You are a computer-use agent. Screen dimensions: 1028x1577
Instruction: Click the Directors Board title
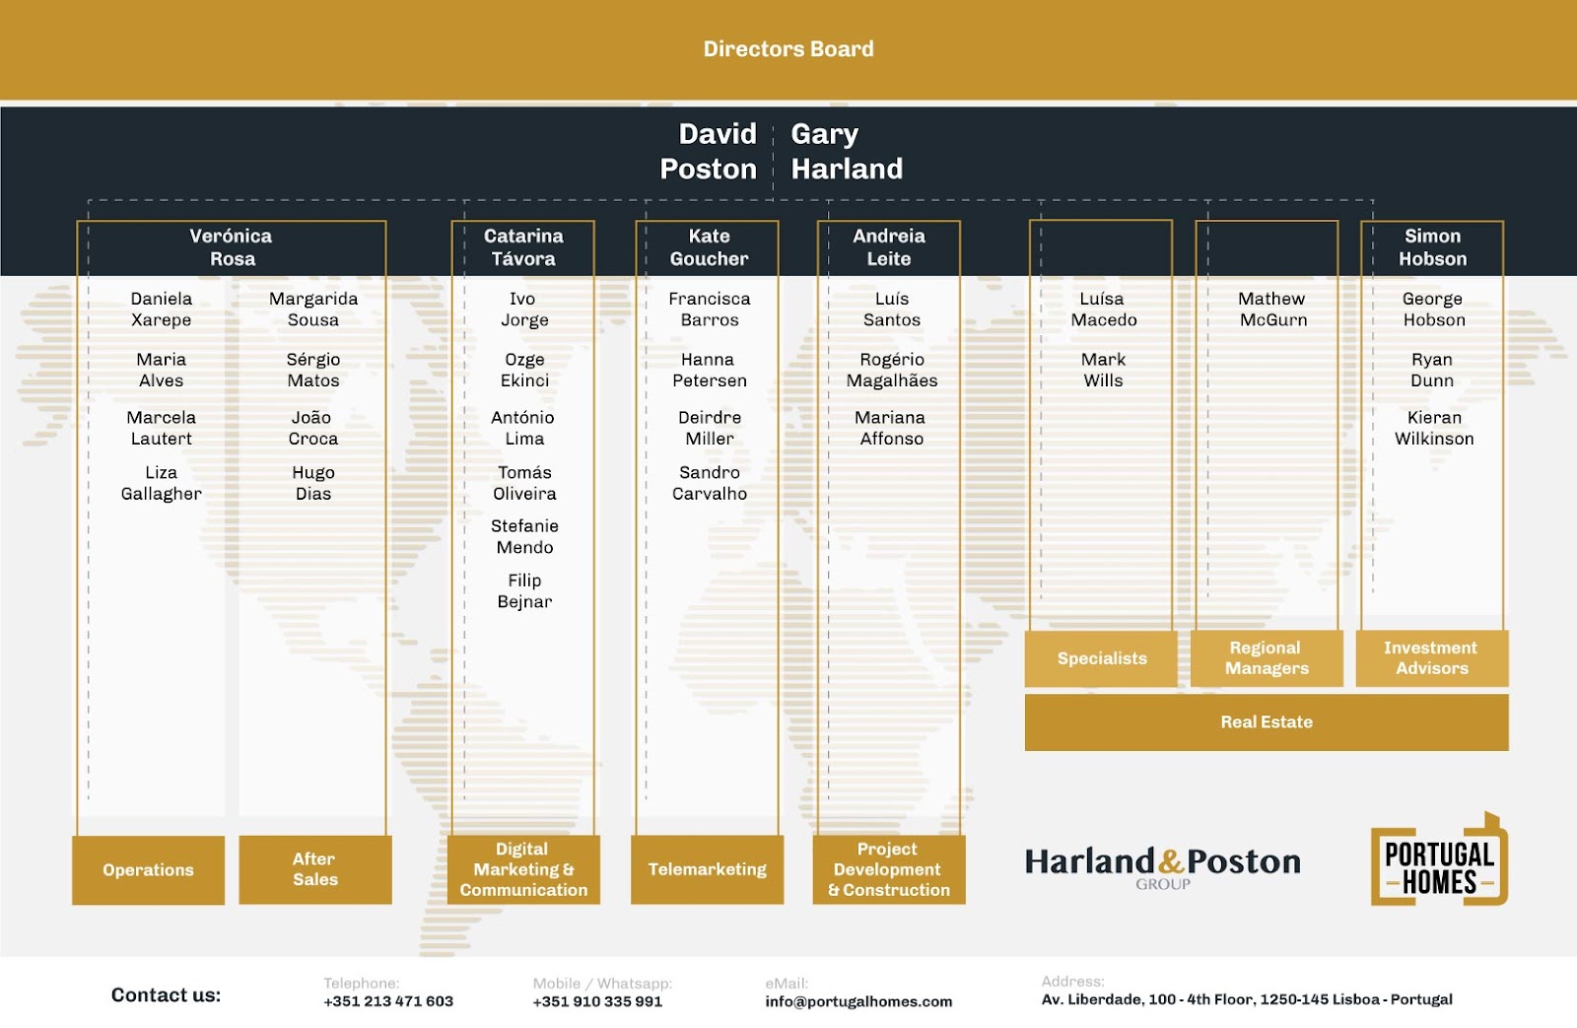[x=788, y=49]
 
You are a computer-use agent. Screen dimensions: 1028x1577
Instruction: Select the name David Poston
[x=709, y=151]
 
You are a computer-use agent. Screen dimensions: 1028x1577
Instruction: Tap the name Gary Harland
[x=846, y=151]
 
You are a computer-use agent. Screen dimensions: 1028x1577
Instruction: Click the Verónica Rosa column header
[x=232, y=247]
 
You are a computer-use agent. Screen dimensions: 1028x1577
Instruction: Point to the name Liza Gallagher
[x=161, y=483]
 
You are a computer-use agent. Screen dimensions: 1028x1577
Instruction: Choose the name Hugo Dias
[x=313, y=483]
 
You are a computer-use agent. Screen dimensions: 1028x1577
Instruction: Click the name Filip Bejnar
[x=524, y=590]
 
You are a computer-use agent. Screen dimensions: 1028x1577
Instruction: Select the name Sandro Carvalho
[x=710, y=483]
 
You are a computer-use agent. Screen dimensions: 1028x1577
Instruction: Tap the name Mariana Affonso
[x=891, y=428]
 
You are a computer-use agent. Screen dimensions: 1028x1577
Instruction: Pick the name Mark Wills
[x=1103, y=370]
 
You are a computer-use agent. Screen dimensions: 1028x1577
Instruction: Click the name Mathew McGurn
[x=1272, y=308]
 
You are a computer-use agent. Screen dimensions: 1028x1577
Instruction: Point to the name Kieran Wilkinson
[x=1434, y=428]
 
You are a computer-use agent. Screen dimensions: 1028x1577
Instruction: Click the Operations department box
[x=148, y=869]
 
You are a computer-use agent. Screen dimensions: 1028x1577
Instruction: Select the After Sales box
[x=314, y=869]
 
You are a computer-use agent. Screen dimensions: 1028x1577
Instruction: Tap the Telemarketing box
[x=707, y=869]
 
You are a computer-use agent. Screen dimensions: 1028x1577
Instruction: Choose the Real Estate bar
[x=1267, y=721]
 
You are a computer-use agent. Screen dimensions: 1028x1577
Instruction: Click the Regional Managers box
[x=1267, y=657]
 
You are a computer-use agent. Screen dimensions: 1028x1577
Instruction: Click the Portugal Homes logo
[x=1439, y=860]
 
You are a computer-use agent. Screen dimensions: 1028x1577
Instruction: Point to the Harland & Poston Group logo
[x=1163, y=865]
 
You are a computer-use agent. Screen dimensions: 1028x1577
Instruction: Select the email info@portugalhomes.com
[x=858, y=1001]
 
